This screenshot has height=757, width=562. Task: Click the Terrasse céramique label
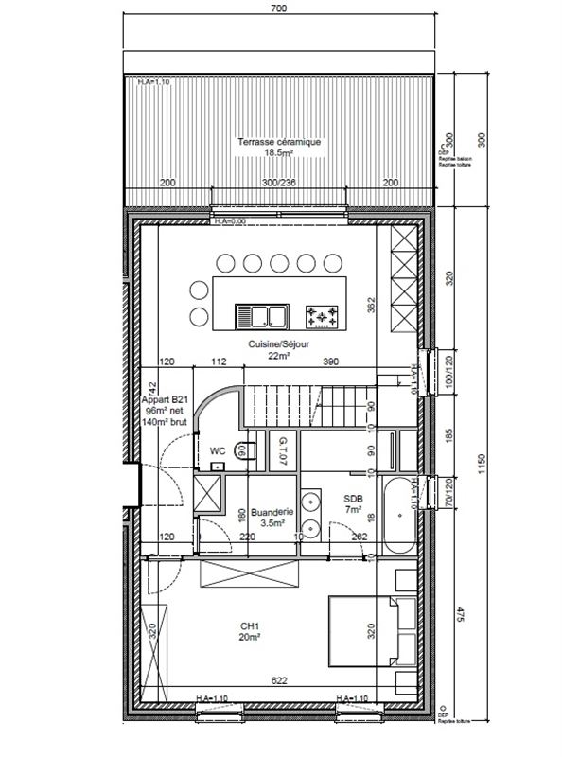pyautogui.click(x=279, y=142)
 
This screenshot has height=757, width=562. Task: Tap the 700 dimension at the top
pyautogui.click(x=278, y=9)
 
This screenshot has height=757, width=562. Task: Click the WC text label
pyautogui.click(x=218, y=451)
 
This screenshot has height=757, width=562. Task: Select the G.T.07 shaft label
pyautogui.click(x=282, y=451)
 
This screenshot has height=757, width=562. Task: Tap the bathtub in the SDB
pyautogui.click(x=397, y=514)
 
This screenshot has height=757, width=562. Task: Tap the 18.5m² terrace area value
pyautogui.click(x=279, y=152)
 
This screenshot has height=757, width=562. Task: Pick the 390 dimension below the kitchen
pyautogui.click(x=330, y=361)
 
